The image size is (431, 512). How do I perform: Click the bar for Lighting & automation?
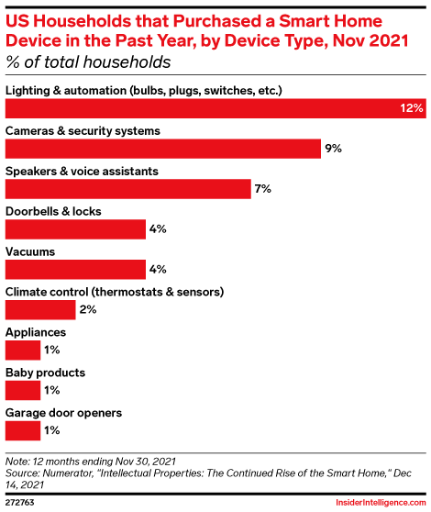point(215,108)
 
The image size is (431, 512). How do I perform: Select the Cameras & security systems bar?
point(163,149)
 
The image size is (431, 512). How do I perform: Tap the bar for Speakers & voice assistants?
point(128,189)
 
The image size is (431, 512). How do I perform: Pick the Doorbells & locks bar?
point(76,228)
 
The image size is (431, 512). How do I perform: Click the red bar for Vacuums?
point(76,269)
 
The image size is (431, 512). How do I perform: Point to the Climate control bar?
point(41,309)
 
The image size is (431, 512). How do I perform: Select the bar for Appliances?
point(23,350)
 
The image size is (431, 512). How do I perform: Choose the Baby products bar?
point(23,390)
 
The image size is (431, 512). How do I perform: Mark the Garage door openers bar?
point(23,430)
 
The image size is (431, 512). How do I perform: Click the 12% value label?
point(411,108)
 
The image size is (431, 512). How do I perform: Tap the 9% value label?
point(333,149)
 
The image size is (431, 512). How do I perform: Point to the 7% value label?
point(263,189)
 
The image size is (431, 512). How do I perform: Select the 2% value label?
point(88,309)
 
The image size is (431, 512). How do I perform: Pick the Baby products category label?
point(46,373)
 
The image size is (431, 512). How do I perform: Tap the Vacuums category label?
point(30,251)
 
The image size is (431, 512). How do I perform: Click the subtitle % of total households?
point(88,62)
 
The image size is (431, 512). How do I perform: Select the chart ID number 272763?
point(20,503)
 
